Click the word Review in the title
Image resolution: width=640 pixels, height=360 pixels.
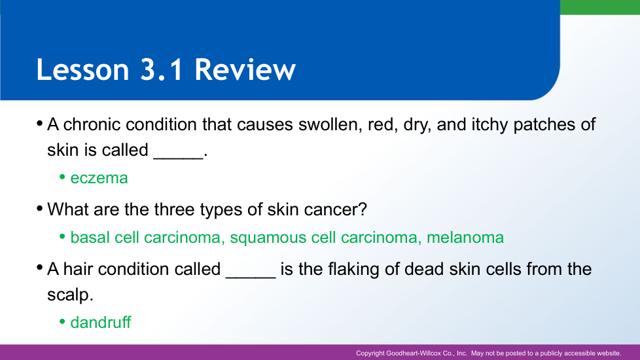tap(245, 69)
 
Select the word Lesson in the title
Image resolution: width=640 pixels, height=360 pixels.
tap(83, 69)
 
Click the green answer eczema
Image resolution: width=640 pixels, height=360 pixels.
tap(99, 178)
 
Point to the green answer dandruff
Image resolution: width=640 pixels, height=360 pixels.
tap(101, 322)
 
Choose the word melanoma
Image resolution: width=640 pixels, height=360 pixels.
tap(465, 237)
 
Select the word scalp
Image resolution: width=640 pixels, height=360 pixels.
tap(70, 295)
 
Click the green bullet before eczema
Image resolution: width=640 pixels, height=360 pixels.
tap(62, 177)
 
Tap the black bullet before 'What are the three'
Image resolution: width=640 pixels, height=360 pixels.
tap(40, 209)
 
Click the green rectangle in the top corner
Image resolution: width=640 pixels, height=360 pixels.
tap(600, 7)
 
